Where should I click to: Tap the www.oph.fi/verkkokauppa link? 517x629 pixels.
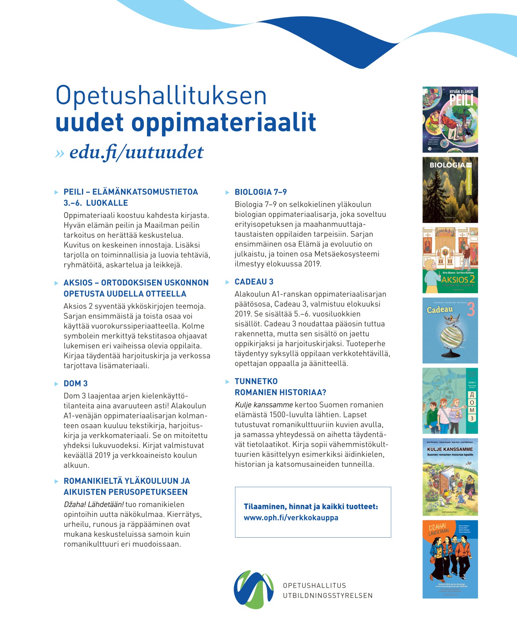point(291,518)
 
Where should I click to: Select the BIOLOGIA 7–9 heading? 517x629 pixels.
point(260,192)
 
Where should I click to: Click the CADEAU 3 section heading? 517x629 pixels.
point(254,282)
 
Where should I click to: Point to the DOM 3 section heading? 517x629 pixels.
point(76,383)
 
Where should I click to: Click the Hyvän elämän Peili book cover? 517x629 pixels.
point(450,120)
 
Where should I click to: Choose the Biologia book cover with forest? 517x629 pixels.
point(450,190)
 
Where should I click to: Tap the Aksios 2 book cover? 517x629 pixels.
point(450,260)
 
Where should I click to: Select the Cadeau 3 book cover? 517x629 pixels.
point(450,330)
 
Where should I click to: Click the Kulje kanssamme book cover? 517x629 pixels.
point(450,477)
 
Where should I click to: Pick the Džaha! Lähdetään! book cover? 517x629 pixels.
point(450,559)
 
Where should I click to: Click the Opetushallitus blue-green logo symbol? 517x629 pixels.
point(254,589)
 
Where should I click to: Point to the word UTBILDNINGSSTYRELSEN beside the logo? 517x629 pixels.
point(327,596)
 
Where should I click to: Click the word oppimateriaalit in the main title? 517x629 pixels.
point(223,122)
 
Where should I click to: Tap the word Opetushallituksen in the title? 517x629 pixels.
point(161,95)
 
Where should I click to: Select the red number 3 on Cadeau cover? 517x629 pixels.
point(471,310)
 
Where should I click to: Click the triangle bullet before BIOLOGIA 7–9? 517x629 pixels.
point(227,192)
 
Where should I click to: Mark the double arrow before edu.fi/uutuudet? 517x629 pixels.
point(60,154)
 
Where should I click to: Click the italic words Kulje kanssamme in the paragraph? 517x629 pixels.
point(264,405)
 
